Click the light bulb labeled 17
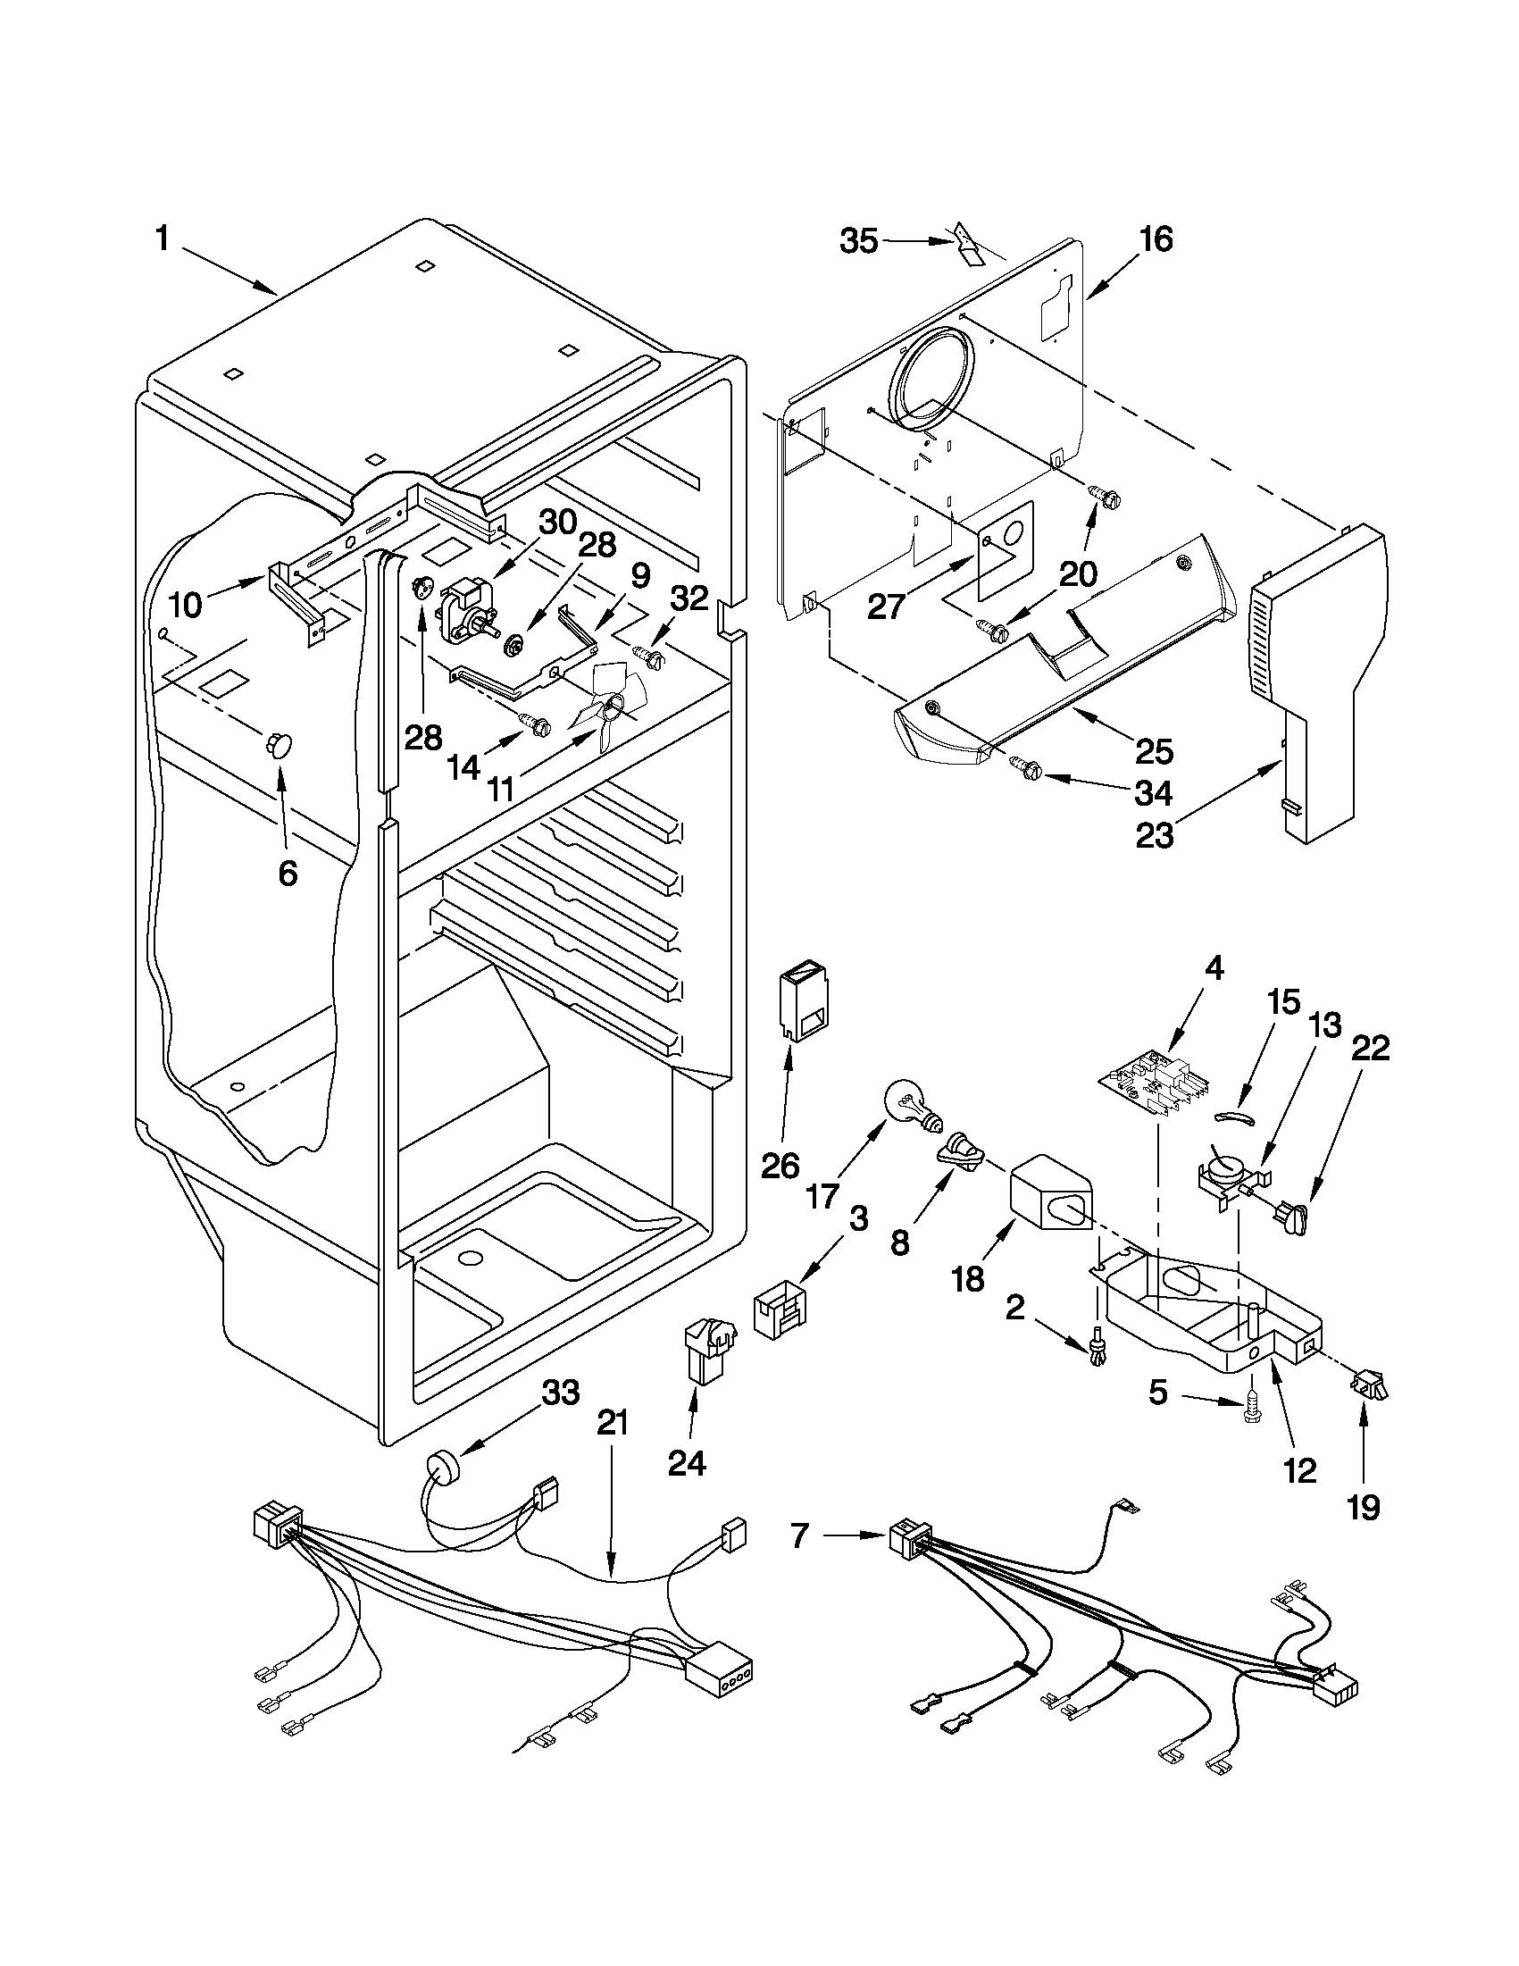tap(912, 1106)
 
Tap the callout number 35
tap(858, 241)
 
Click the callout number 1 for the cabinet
tap(162, 239)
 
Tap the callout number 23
tap(1155, 835)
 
